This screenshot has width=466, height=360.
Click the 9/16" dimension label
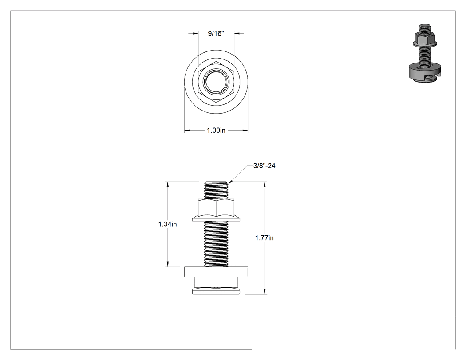point(216,33)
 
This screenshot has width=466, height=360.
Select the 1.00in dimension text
point(216,130)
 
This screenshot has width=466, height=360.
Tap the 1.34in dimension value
point(167,224)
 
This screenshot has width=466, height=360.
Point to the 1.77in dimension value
point(264,238)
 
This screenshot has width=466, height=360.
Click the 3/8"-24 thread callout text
point(264,166)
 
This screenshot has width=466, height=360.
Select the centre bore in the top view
point(216,82)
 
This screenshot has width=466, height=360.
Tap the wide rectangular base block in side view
point(216,272)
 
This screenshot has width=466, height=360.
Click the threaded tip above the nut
point(216,190)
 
